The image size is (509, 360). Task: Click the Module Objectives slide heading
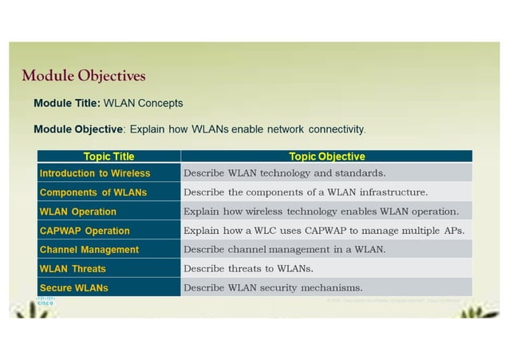(84, 77)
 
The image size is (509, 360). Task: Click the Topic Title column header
(109, 156)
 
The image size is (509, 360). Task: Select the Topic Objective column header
(326, 156)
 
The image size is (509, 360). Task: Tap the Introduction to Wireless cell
(95, 173)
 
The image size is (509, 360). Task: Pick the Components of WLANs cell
(93, 192)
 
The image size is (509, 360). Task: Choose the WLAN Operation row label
(78, 212)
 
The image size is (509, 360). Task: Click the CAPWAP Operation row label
(85, 231)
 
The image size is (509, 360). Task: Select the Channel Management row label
(89, 250)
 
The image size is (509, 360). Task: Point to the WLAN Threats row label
(73, 269)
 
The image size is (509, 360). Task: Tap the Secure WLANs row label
(74, 287)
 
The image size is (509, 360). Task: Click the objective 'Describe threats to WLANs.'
(248, 269)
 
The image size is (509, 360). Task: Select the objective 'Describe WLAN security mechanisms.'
(273, 287)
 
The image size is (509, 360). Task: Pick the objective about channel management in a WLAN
(284, 250)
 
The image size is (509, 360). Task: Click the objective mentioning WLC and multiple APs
(324, 231)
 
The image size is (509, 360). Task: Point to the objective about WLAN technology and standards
(284, 173)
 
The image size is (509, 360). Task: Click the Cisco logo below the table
(45, 302)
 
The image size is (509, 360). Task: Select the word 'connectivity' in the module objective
(337, 129)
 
